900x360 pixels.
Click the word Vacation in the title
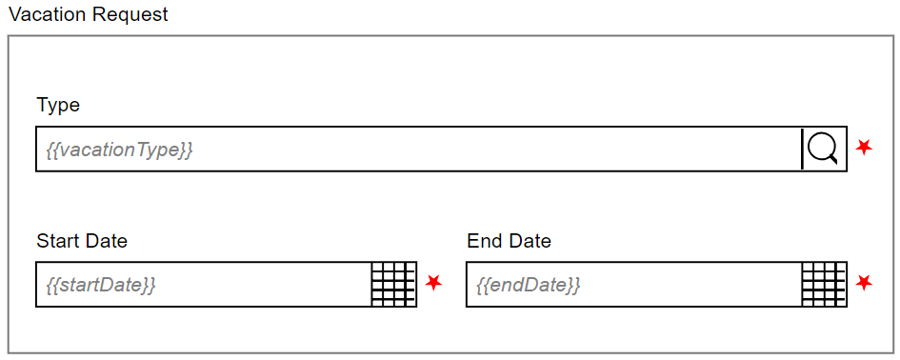(44, 14)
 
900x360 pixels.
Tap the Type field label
(58, 105)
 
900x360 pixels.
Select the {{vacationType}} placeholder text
(119, 150)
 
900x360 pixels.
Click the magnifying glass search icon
(823, 148)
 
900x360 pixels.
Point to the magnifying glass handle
(835, 161)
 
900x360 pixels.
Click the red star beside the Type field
(864, 148)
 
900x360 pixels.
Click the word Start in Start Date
(56, 241)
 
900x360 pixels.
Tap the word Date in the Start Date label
(105, 241)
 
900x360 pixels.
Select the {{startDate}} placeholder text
(101, 285)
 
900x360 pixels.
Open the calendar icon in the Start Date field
(393, 284)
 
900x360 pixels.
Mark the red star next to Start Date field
(434, 283)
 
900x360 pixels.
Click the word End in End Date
(484, 241)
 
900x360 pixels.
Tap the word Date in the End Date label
(530, 241)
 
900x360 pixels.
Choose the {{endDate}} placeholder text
(528, 285)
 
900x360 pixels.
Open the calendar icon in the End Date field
(824, 284)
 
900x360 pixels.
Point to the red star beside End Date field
(865, 283)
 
